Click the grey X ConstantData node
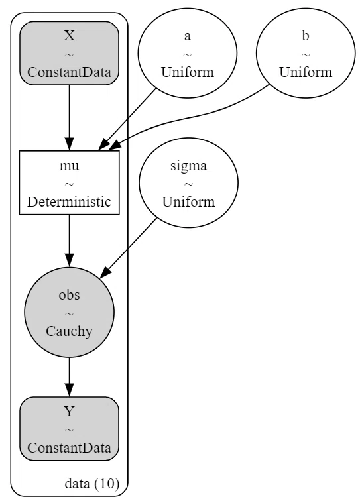click(70, 53)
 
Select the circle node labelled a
click(188, 53)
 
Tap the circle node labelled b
click(306, 53)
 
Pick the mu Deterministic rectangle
click(70, 182)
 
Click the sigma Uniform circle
click(188, 182)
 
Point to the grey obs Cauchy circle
click(70, 312)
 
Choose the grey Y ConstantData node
click(70, 429)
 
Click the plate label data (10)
click(92, 483)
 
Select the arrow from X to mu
click(70, 118)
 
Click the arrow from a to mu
click(127, 119)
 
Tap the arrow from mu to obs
click(70, 241)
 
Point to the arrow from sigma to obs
click(129, 248)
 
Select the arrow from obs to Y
click(70, 377)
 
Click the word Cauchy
click(70, 331)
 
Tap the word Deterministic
click(70, 201)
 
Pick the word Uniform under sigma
click(188, 201)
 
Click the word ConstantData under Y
click(70, 448)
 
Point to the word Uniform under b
click(306, 72)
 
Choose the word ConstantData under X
click(70, 72)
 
